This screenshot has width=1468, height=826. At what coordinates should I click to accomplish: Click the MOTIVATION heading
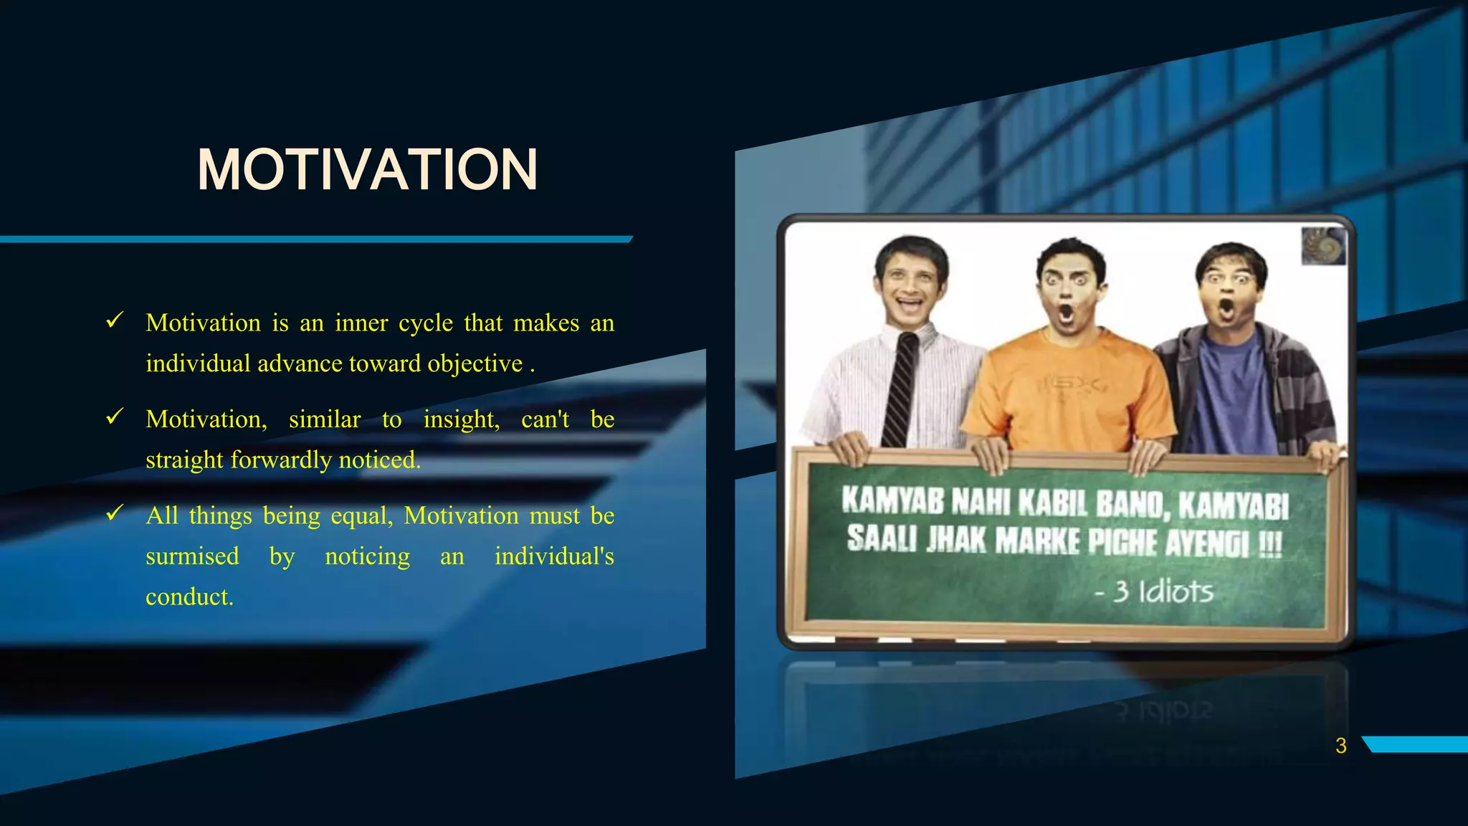coord(367,170)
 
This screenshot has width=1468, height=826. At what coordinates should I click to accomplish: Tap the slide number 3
coord(1340,746)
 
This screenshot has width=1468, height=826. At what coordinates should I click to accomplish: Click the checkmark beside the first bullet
coord(115,321)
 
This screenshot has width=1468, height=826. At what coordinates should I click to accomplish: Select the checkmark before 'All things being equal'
coord(115,513)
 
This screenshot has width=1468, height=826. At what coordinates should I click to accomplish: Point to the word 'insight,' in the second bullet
coord(461,419)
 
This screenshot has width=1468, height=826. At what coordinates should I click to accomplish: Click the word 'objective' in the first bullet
coord(475,364)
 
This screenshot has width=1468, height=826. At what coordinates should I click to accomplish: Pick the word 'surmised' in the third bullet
coord(192,556)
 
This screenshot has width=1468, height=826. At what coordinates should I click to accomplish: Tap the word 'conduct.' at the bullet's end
coord(190,597)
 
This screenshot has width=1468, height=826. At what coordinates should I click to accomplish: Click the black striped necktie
coord(900,391)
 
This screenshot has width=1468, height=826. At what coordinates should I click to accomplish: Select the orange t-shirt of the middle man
coord(1068,394)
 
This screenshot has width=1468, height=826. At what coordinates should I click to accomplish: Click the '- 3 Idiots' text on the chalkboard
coord(1154,592)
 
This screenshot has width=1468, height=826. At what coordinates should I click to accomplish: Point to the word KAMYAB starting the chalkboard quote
coord(892,500)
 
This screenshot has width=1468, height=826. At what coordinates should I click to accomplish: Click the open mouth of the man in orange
coord(1067,313)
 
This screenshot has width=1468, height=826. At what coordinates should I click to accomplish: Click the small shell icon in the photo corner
coord(1323,246)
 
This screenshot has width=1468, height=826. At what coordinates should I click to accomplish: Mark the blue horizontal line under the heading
coord(315,239)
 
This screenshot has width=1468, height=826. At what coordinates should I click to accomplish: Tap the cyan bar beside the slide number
coord(1416,744)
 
